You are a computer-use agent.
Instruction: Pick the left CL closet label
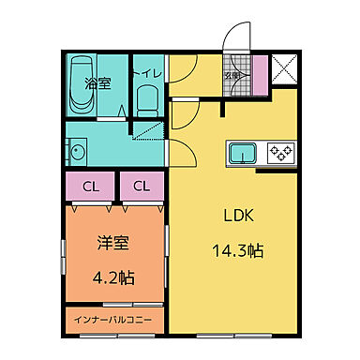pos(90,187)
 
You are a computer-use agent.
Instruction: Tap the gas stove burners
pos(279,152)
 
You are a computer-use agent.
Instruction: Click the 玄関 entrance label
pos(231,74)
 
